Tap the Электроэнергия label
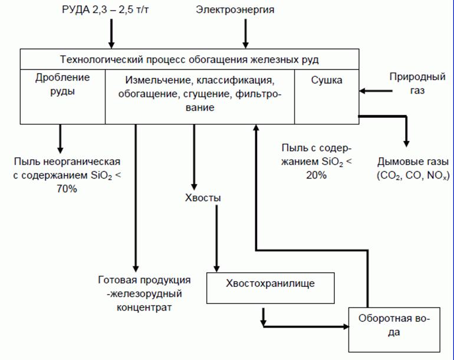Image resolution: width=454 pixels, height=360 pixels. coord(244,11)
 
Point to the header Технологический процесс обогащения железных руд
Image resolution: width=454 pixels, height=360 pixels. coord(190,60)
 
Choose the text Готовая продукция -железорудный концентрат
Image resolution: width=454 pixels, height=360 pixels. coord(144,293)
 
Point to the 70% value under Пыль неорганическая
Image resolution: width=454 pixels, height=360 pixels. coord(67,189)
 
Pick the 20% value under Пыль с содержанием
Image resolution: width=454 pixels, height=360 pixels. coord(316,175)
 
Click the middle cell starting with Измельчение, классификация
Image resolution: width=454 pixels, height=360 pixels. coord(199,94)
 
